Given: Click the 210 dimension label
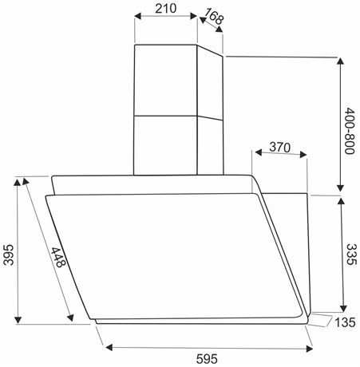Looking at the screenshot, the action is pyautogui.click(x=165, y=8).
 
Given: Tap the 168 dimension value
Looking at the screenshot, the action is pyautogui.click(x=214, y=16).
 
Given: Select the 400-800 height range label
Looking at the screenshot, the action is pyautogui.click(x=350, y=131).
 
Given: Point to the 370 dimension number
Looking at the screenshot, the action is pyautogui.click(x=279, y=147).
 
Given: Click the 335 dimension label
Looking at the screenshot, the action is pyautogui.click(x=350, y=255).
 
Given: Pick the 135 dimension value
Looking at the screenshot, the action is pyautogui.click(x=345, y=322).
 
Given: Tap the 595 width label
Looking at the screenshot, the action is pyautogui.click(x=207, y=359).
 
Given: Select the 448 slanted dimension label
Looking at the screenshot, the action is pyautogui.click(x=58, y=258).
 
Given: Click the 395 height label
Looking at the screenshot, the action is pyautogui.click(x=8, y=255).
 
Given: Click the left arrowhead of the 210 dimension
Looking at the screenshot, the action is pyautogui.click(x=137, y=16).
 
